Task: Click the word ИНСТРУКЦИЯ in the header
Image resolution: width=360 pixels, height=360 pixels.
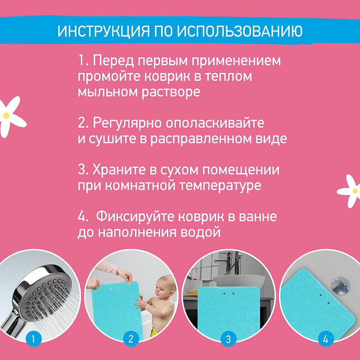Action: tap(103, 31)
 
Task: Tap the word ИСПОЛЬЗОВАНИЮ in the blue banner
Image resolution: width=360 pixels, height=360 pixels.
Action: tap(240, 31)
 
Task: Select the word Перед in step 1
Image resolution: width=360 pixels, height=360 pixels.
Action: tap(113, 61)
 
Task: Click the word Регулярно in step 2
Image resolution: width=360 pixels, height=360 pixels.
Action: tap(127, 123)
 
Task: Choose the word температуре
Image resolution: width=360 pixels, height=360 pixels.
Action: tap(220, 185)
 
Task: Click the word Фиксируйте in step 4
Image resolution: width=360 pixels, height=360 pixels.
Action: tap(135, 217)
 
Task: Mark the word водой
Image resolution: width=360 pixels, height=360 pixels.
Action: tap(200, 232)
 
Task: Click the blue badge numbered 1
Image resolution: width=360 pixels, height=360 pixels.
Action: tap(33, 339)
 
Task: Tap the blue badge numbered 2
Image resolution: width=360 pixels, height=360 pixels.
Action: tap(131, 339)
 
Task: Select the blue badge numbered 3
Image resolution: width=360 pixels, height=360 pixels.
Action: tap(228, 339)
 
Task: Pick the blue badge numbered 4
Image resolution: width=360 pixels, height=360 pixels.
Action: tap(325, 339)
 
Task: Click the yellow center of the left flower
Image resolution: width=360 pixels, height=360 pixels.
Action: tap(6, 116)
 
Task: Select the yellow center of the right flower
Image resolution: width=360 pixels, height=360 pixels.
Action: tap(355, 191)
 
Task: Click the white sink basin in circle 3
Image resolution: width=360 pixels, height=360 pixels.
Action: tap(239, 281)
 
